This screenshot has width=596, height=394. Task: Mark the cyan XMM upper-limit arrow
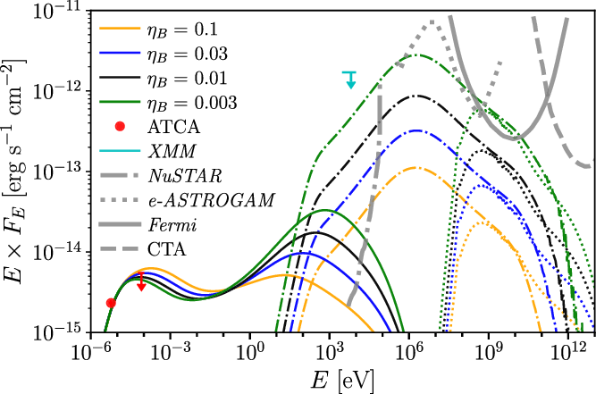[350, 80]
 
